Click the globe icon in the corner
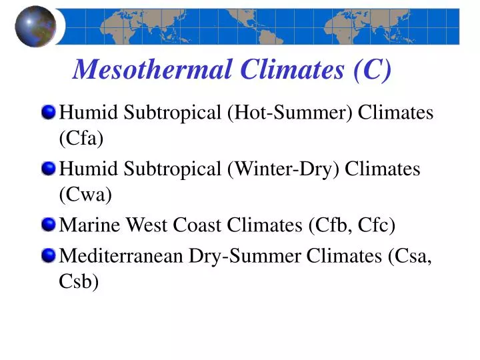[x=35, y=26]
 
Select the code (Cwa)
[x=85, y=195]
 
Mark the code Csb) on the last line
[x=79, y=282]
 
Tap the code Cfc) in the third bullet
[x=376, y=226]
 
